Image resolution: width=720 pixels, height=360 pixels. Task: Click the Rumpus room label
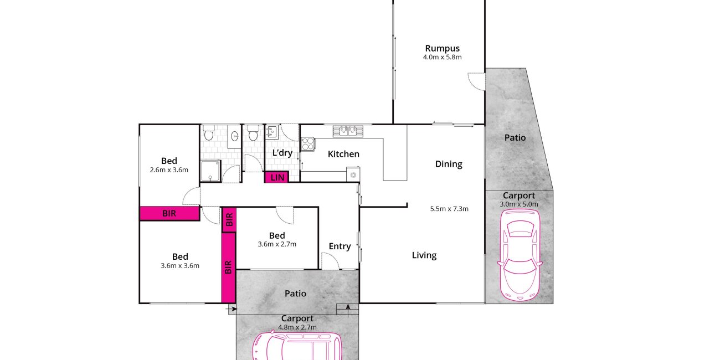click(x=443, y=49)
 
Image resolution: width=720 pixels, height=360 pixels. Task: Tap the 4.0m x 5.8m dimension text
click(x=443, y=57)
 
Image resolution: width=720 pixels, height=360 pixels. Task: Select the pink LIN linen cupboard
click(x=277, y=177)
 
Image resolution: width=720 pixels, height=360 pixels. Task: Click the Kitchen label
click(x=343, y=154)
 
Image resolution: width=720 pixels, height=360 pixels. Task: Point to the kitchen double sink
click(x=348, y=131)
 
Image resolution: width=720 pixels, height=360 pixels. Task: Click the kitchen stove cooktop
click(x=307, y=144)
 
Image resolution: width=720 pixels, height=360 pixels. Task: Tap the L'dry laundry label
click(x=282, y=153)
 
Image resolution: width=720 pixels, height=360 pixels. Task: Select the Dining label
click(x=449, y=164)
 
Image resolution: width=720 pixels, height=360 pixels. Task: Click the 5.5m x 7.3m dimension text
click(x=449, y=209)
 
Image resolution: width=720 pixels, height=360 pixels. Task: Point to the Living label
click(x=424, y=255)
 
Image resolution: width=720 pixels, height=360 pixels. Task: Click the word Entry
click(x=340, y=246)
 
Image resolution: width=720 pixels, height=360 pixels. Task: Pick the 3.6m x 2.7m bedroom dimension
click(x=277, y=244)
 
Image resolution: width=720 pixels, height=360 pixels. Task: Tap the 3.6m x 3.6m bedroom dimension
click(x=180, y=266)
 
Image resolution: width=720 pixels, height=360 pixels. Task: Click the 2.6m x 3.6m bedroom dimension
click(x=169, y=170)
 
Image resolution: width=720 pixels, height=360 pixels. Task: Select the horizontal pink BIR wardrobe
click(x=169, y=213)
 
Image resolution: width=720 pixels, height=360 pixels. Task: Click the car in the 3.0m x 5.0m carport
click(x=520, y=255)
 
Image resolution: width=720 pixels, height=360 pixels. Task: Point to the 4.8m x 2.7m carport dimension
click(x=297, y=327)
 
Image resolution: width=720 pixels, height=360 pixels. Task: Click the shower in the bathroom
click(x=210, y=171)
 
